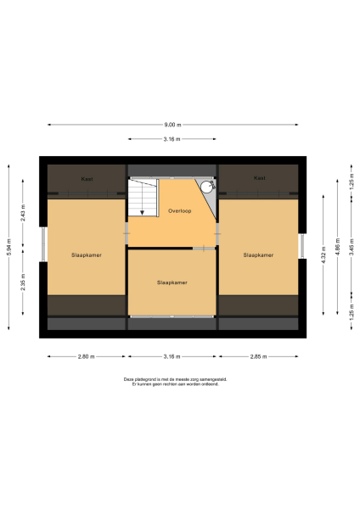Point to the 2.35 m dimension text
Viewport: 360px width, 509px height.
pyautogui.click(x=24, y=279)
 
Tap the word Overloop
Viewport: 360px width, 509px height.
pyautogui.click(x=178, y=210)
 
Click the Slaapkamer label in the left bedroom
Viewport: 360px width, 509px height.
pyautogui.click(x=86, y=255)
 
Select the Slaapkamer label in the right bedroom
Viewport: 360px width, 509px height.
pyautogui.click(x=258, y=255)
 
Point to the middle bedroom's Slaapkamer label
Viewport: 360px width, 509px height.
pyautogui.click(x=172, y=282)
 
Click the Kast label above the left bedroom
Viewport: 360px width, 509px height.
pyautogui.click(x=86, y=178)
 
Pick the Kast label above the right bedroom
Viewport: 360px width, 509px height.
pyautogui.click(x=259, y=178)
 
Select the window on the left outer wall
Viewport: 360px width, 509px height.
pyautogui.click(x=42, y=245)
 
